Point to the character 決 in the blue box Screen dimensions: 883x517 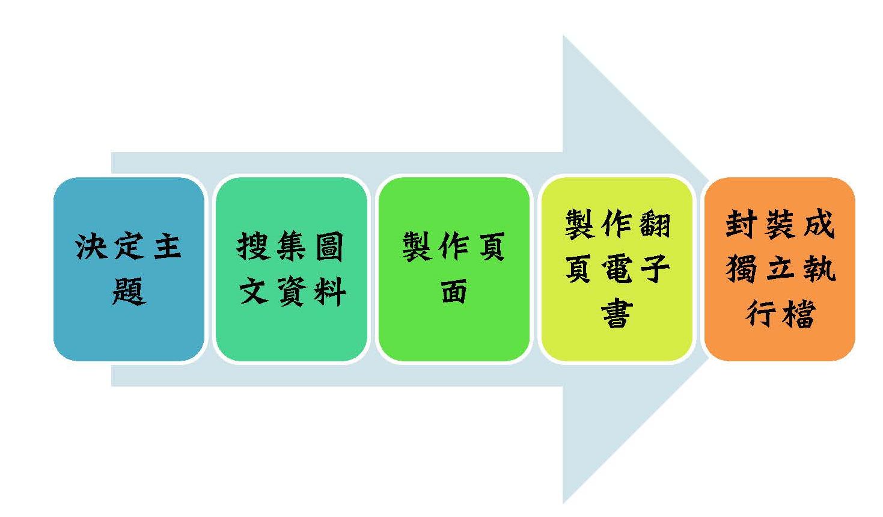click(x=91, y=246)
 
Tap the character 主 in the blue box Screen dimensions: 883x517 click(x=167, y=246)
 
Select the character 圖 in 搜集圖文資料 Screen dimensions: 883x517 click(x=328, y=246)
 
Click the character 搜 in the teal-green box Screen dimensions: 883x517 click(x=253, y=246)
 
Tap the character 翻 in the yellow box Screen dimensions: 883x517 click(x=655, y=224)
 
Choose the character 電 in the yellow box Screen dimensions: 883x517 click(x=617, y=268)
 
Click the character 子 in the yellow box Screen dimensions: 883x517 click(x=655, y=268)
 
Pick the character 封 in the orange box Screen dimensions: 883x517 click(x=741, y=224)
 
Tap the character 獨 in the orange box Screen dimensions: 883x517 click(x=742, y=268)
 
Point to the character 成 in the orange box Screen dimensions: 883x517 click(x=817, y=224)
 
